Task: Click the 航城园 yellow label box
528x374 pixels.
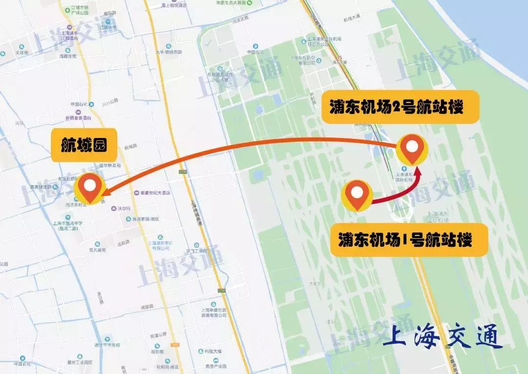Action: [x=84, y=145]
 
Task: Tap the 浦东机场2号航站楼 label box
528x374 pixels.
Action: [x=399, y=107]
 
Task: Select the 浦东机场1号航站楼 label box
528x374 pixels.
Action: [x=409, y=240]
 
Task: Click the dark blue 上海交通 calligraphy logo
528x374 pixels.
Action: [x=442, y=337]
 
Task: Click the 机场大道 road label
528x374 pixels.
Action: [x=352, y=17]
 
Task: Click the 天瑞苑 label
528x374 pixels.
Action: [x=22, y=52]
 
